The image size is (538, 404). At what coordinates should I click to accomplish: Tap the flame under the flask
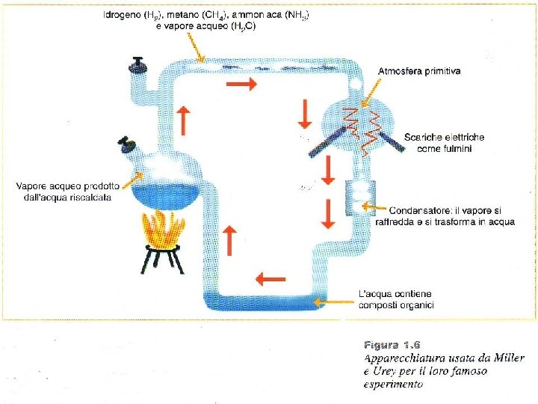[162, 228]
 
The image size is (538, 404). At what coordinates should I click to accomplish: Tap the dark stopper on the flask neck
[127, 143]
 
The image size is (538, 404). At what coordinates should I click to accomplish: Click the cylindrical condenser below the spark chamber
[359, 198]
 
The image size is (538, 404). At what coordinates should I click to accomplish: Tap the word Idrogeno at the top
[124, 15]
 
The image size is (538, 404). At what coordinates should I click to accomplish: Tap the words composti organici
[397, 305]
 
